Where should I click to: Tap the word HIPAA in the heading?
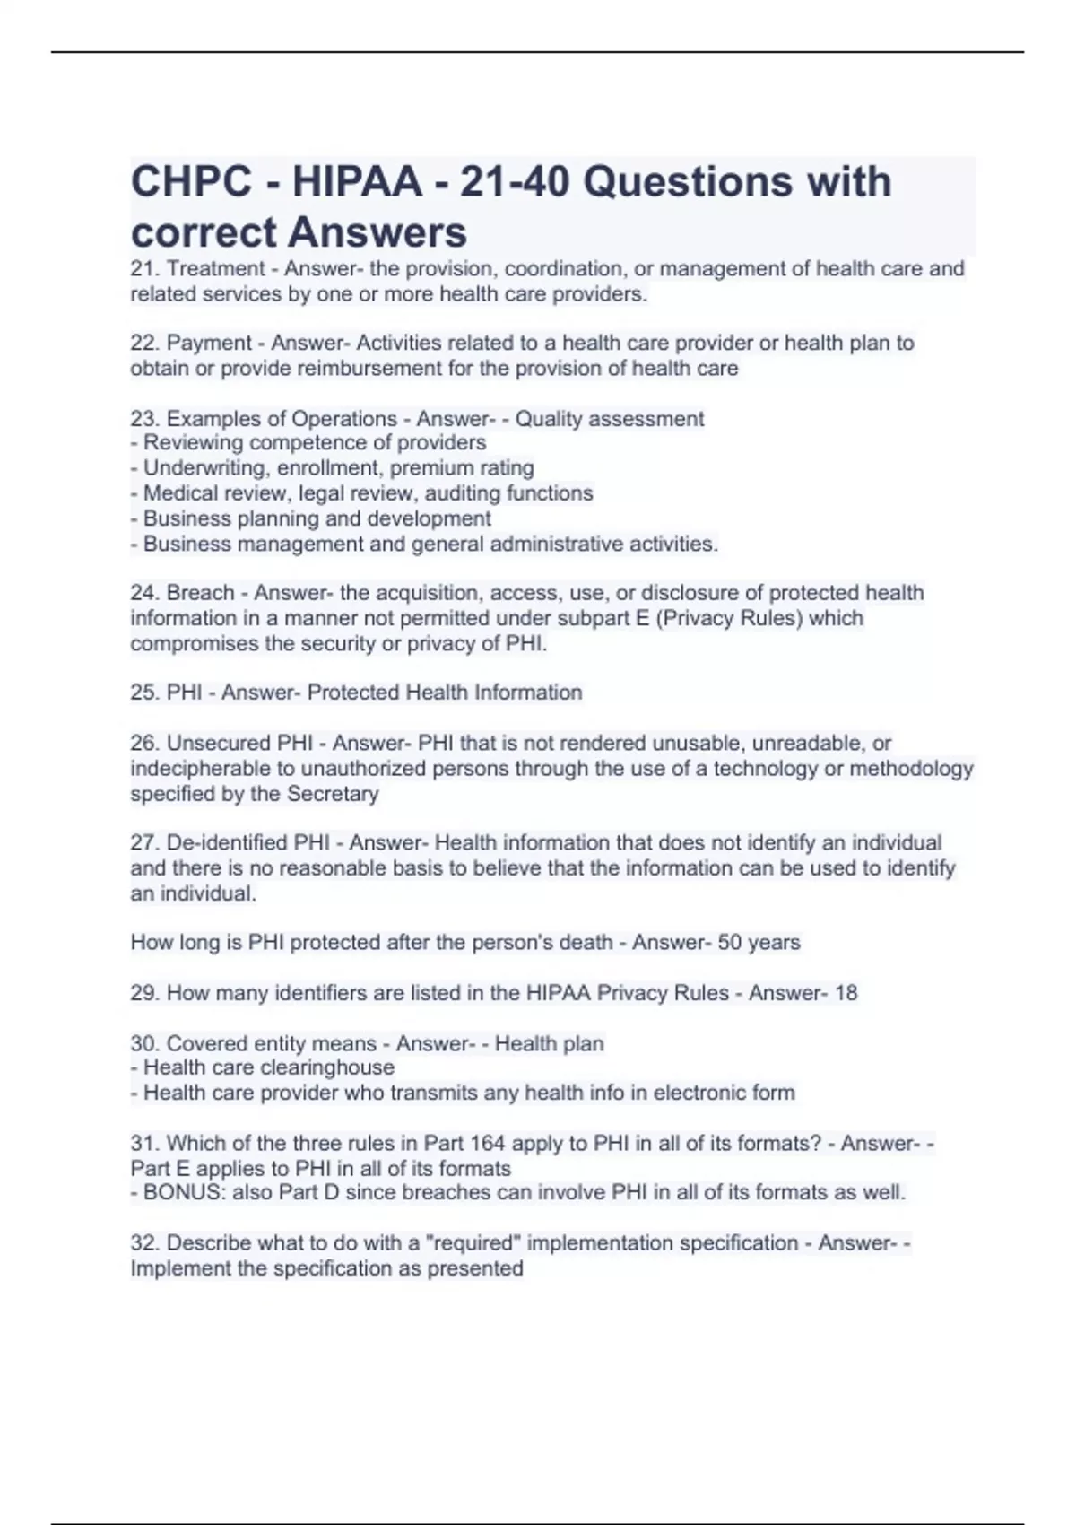pos(356,182)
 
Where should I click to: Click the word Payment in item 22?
pos(209,343)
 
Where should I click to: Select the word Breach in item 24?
pos(200,593)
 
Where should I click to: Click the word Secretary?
pos(333,793)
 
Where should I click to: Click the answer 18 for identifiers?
pos(846,993)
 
